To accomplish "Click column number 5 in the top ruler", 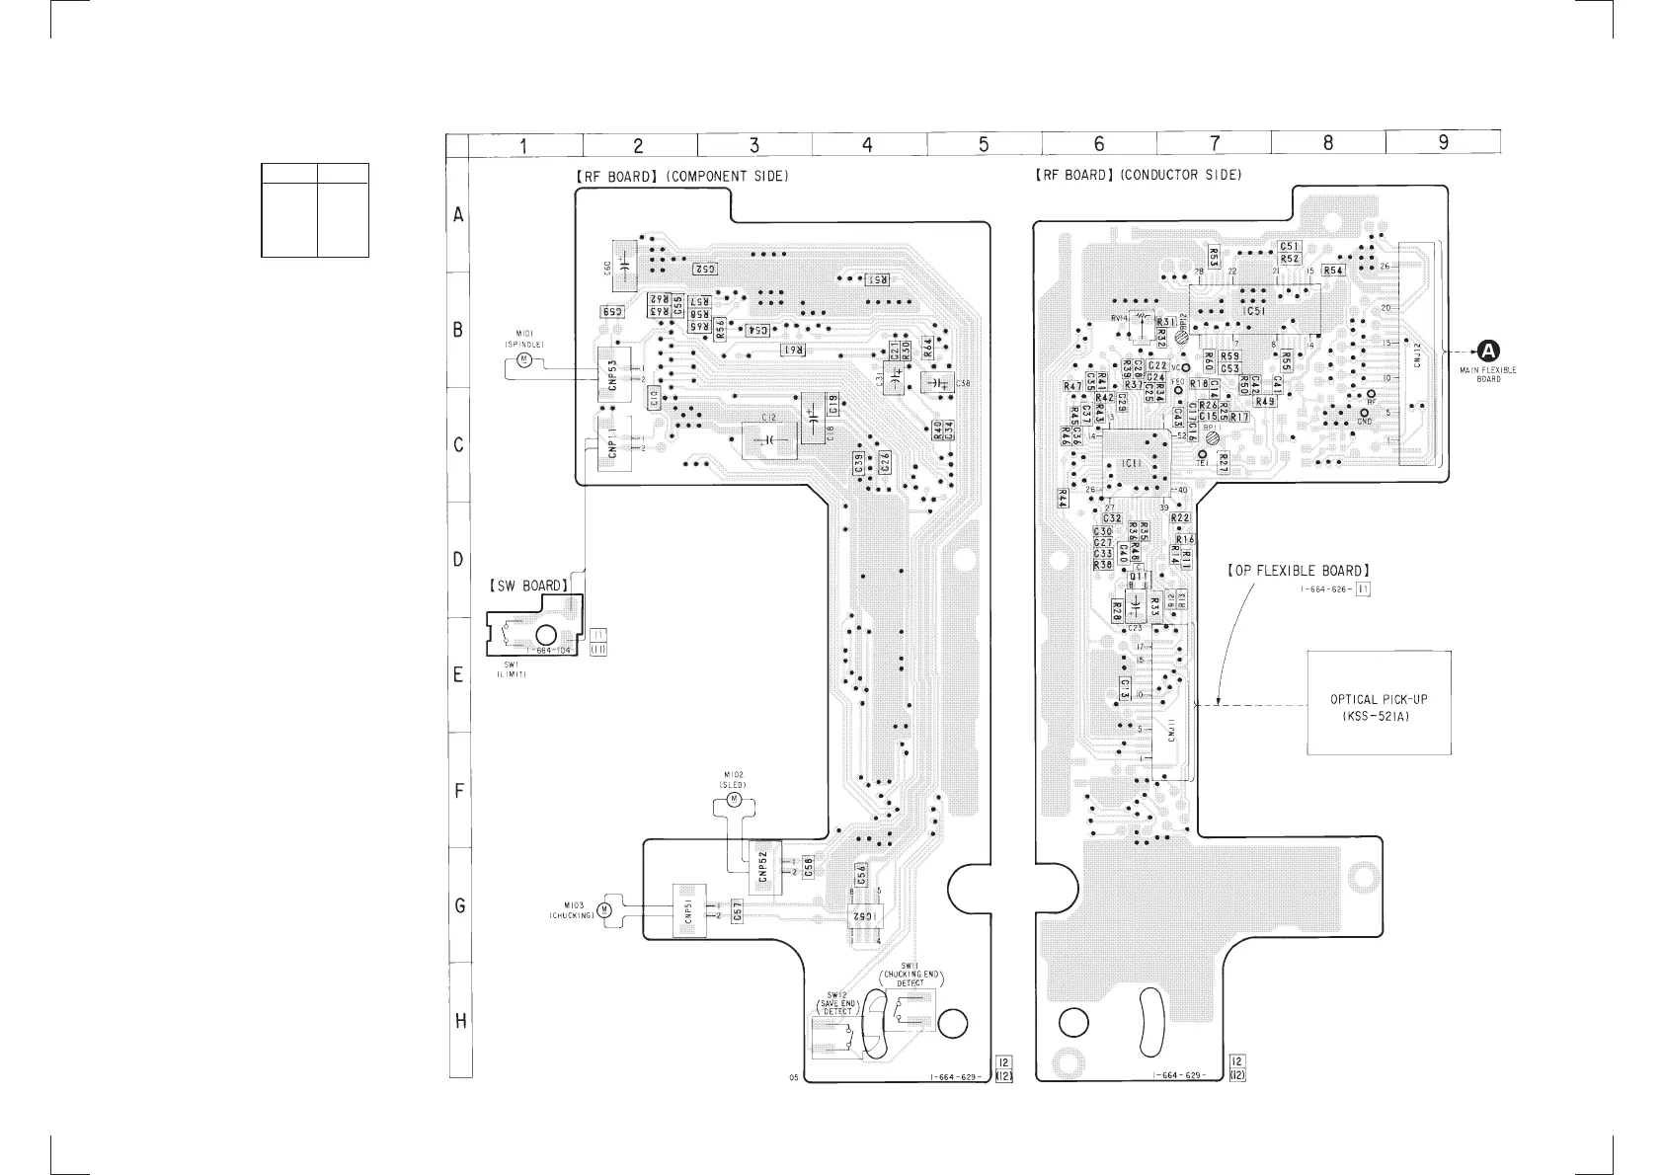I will click(983, 144).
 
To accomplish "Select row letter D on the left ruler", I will click(458, 560).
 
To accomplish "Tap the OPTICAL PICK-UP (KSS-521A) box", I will click(1379, 703).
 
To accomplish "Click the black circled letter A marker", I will click(1487, 350).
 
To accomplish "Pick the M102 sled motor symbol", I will click(733, 797).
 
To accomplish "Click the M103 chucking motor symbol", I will click(606, 908).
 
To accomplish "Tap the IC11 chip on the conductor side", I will click(1132, 462).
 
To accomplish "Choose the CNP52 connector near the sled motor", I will click(763, 866).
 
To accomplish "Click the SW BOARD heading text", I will click(527, 586).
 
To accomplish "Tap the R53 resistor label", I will click(1214, 257).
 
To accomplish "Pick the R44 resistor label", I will click(1063, 499).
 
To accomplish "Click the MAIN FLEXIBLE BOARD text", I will click(1488, 374).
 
